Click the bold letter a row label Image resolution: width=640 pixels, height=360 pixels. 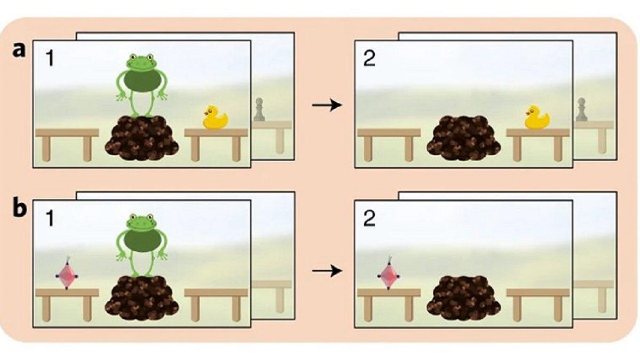click(19, 51)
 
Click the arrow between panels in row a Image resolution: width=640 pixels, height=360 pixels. click(327, 105)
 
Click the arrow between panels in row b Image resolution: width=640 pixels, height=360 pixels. click(327, 270)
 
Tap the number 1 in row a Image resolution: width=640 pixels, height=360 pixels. click(50, 59)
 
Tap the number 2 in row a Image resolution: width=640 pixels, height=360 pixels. click(369, 59)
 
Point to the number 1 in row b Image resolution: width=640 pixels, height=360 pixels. click(50, 219)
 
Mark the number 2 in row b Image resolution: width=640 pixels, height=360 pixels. click(369, 219)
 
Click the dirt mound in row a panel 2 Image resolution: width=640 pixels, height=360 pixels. click(463, 138)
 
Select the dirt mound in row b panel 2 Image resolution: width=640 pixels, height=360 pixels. click(463, 298)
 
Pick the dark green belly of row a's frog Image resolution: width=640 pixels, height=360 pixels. click(142, 81)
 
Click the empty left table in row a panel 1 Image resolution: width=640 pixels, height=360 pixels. click(67, 145)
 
